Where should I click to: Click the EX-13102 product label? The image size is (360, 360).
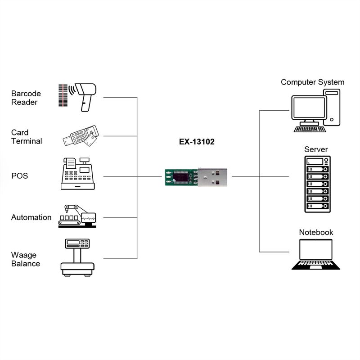click(x=197, y=142)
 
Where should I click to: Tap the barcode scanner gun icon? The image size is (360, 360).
click(x=85, y=97)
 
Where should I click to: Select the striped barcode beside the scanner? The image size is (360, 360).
click(x=63, y=95)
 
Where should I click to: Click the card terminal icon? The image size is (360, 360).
click(x=81, y=136)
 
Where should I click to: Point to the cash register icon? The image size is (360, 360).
click(x=77, y=174)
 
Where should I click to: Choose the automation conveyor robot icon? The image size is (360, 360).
click(x=77, y=216)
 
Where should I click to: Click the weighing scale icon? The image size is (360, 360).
click(x=77, y=257)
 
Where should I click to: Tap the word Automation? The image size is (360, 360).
click(x=31, y=217)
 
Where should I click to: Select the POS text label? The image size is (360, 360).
click(x=19, y=176)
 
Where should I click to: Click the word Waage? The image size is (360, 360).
click(x=24, y=255)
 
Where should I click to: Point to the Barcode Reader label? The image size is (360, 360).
click(x=26, y=98)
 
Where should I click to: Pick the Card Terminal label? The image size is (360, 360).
click(x=27, y=137)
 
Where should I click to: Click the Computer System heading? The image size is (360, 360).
click(x=312, y=82)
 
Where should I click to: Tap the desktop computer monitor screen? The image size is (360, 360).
click(x=309, y=108)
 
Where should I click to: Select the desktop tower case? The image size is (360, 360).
click(x=332, y=107)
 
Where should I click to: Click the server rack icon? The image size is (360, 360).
click(x=317, y=184)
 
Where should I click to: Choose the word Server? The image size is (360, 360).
click(x=316, y=149)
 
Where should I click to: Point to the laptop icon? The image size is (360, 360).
click(x=316, y=254)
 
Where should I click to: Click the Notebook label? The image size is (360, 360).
click(x=316, y=232)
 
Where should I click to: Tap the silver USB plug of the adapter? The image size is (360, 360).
click(x=212, y=177)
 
